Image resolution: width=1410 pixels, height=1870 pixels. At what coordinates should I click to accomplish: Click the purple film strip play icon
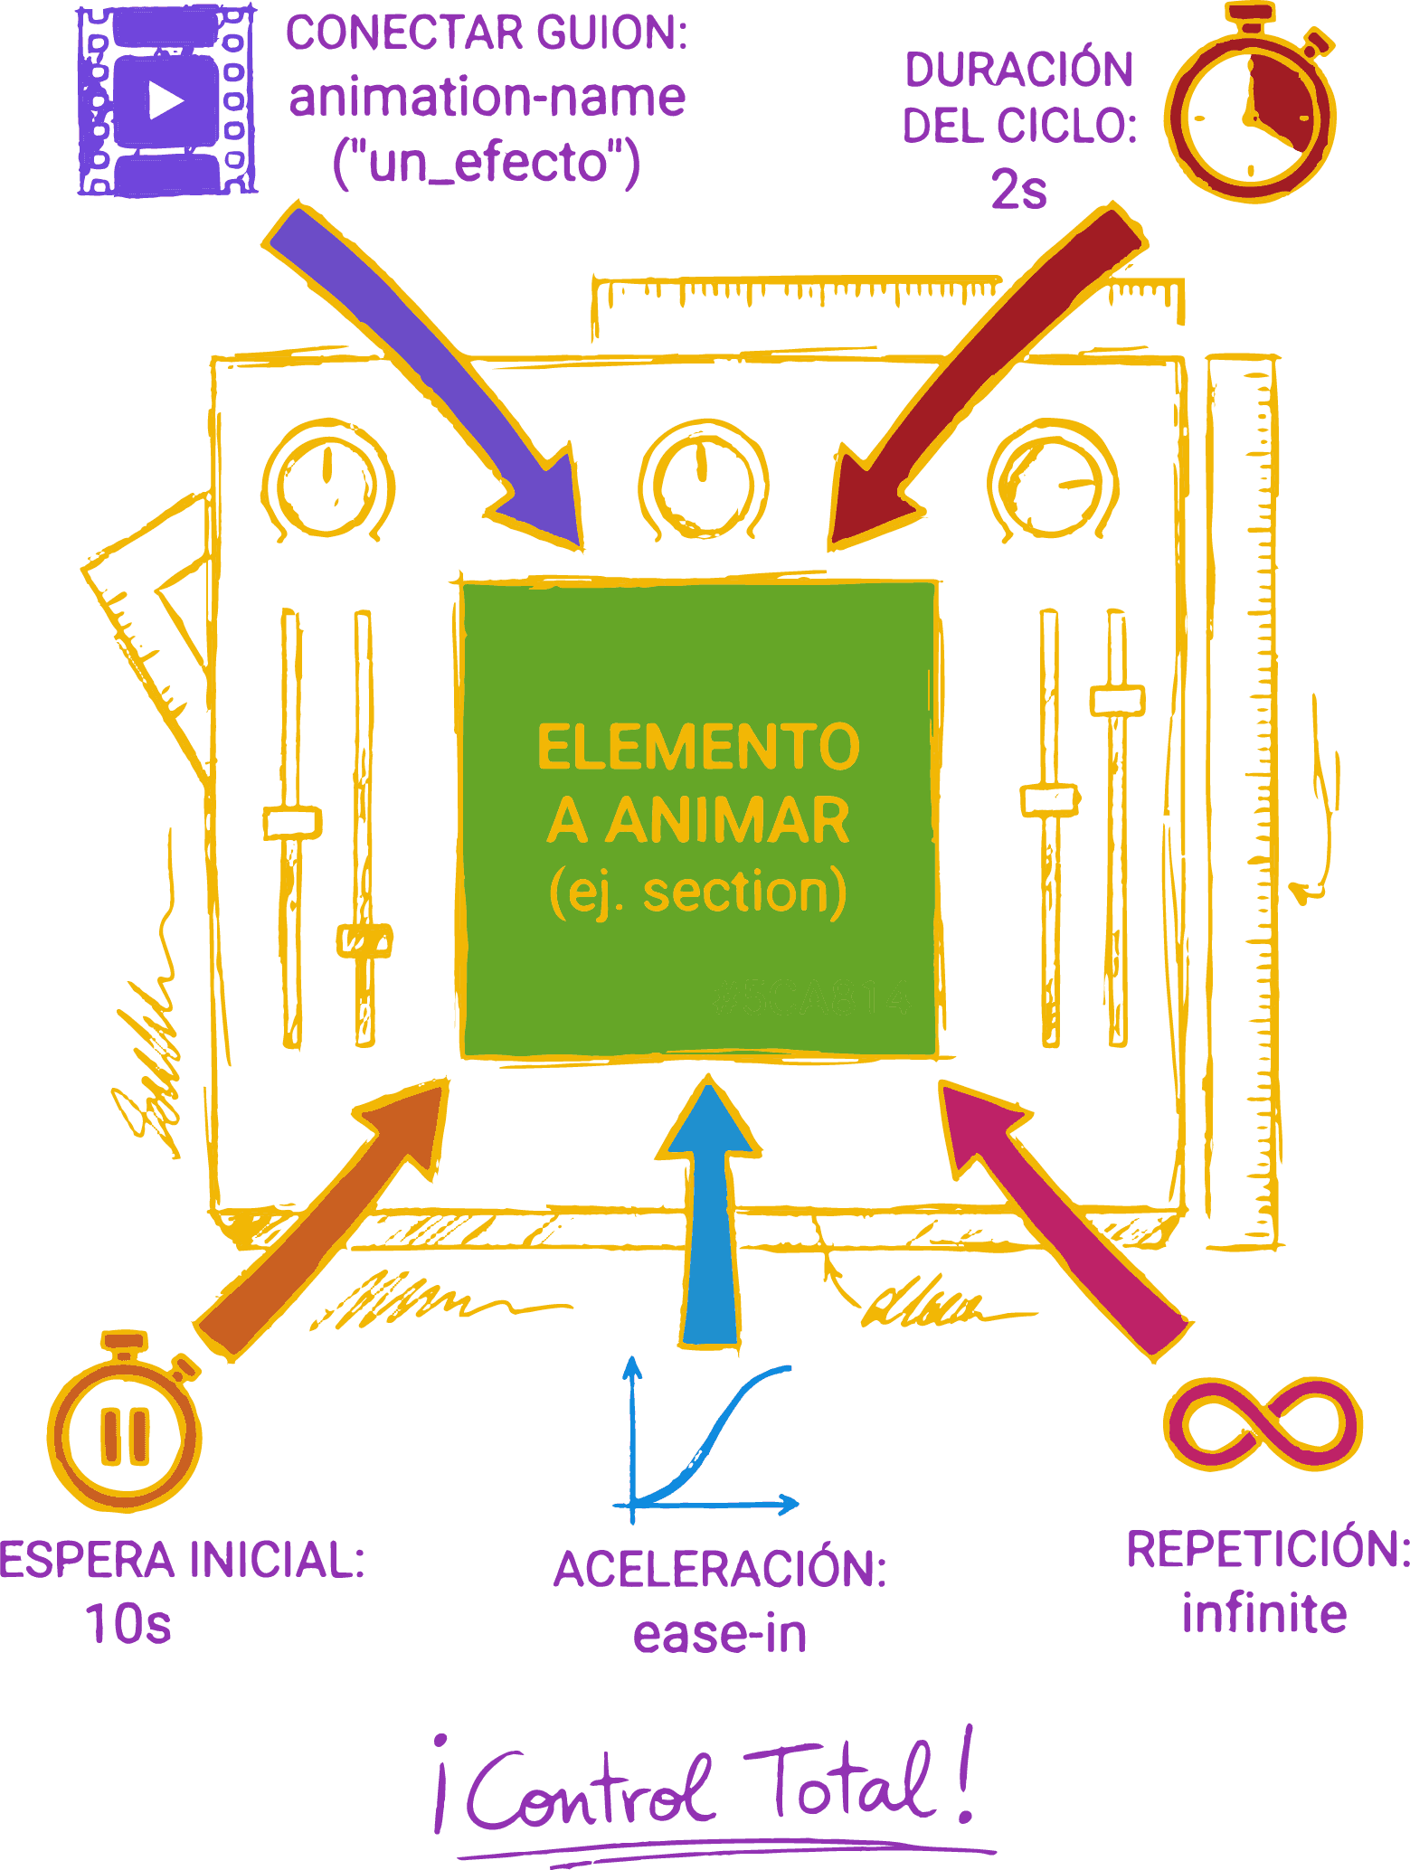click(x=165, y=100)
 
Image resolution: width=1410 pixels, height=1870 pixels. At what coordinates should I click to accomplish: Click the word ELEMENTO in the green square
click(x=697, y=748)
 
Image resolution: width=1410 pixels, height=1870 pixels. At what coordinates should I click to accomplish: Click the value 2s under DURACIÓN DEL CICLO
click(x=1019, y=190)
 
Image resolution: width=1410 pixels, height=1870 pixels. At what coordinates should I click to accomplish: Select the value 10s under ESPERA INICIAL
click(x=129, y=1623)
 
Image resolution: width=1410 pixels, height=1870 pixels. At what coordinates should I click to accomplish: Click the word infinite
click(x=1263, y=1614)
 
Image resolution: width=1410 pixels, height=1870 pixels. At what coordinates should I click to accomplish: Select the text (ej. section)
click(x=697, y=892)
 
